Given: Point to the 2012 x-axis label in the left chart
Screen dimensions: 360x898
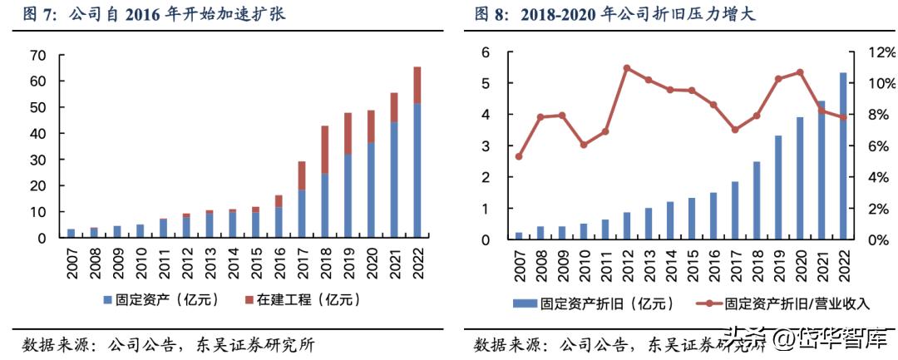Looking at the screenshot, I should click(187, 259).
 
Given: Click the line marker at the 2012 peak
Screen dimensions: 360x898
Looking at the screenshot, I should click(627, 68).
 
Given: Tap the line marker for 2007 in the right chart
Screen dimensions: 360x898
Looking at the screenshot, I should click(519, 156).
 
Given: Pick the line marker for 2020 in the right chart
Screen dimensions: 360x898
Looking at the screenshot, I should click(800, 72).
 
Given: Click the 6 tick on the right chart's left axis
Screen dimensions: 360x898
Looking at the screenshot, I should click(486, 52).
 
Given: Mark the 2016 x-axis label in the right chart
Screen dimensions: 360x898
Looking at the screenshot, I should click(713, 260).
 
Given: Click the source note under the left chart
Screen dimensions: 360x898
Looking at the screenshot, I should click(166, 344).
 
